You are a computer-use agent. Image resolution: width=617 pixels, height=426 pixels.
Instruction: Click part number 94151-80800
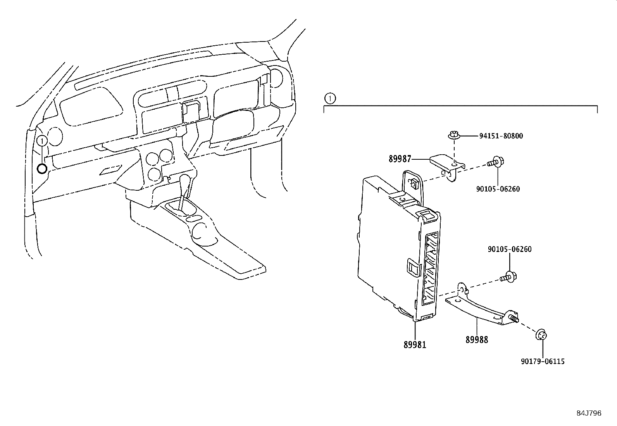(x=501, y=136)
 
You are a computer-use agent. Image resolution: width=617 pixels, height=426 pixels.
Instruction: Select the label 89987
(x=400, y=159)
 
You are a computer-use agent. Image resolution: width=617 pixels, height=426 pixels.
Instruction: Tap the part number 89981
(x=415, y=345)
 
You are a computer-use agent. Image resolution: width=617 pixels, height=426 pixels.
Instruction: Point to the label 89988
(x=477, y=340)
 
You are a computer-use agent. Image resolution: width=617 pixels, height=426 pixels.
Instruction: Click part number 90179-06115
(x=543, y=362)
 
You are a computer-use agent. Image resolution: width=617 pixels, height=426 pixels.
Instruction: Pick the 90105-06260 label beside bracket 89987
(x=498, y=189)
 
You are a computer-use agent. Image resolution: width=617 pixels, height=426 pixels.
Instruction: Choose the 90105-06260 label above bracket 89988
(x=510, y=249)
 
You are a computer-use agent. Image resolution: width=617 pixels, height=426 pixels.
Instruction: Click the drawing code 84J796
(x=589, y=413)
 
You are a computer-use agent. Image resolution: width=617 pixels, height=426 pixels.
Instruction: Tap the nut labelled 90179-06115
(x=541, y=335)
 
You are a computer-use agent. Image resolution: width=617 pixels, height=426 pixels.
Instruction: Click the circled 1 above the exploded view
(x=329, y=98)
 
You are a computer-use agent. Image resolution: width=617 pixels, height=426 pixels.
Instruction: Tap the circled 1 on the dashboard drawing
(x=42, y=140)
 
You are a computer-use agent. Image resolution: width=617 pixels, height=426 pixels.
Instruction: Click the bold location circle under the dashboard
(x=41, y=169)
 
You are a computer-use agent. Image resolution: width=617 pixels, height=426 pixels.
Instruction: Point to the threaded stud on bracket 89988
(x=515, y=319)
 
